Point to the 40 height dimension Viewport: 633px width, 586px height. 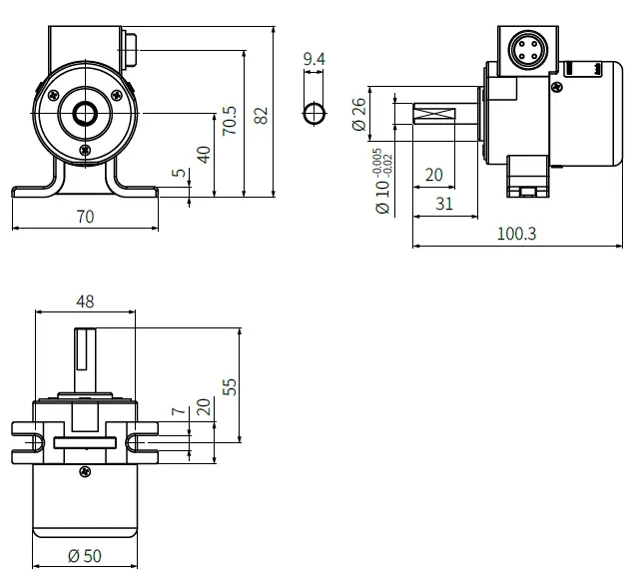click(205, 155)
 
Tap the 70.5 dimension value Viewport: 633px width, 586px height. click(231, 122)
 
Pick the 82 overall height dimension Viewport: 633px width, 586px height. click(262, 116)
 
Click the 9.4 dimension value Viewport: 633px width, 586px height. click(314, 60)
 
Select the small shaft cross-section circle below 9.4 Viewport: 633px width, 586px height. click(314, 112)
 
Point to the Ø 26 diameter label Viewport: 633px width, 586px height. click(359, 114)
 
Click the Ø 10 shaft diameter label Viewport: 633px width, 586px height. click(381, 195)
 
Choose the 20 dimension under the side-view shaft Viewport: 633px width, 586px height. click(433, 175)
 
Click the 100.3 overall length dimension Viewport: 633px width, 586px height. click(516, 234)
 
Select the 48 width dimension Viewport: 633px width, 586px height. click(85, 300)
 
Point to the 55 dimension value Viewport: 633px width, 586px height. click(230, 386)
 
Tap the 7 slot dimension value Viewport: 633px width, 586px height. click(177, 411)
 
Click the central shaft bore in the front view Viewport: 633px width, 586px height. click(84, 109)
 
